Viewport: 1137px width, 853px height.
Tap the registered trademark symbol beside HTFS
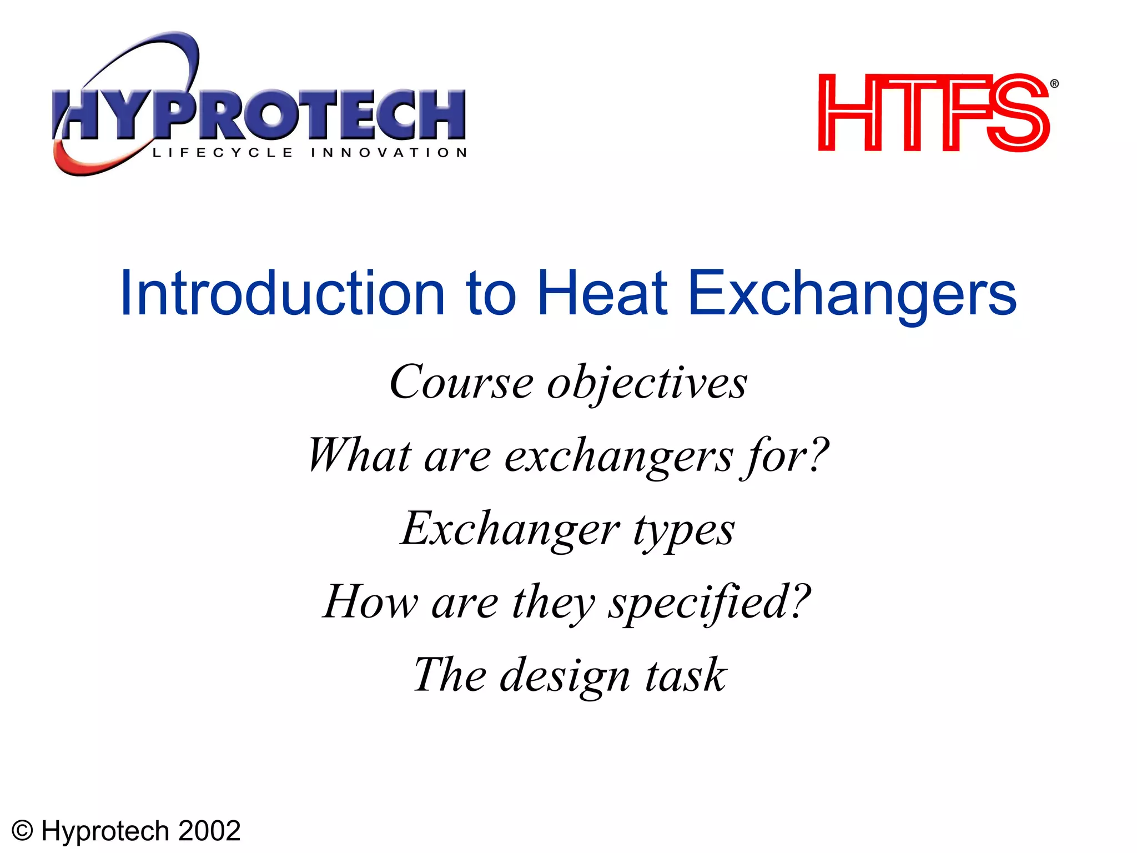pyautogui.click(x=1054, y=84)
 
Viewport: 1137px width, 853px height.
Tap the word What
pyautogui.click(x=359, y=455)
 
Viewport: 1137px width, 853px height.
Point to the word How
pyautogui.click(x=370, y=602)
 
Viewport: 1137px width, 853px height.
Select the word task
pyautogui.click(x=686, y=675)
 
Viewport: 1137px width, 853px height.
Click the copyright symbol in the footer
pyautogui.click(x=23, y=831)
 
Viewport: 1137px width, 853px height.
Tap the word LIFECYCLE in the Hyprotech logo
pyautogui.click(x=222, y=153)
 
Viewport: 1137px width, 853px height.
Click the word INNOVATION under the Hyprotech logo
pyautogui.click(x=389, y=153)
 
